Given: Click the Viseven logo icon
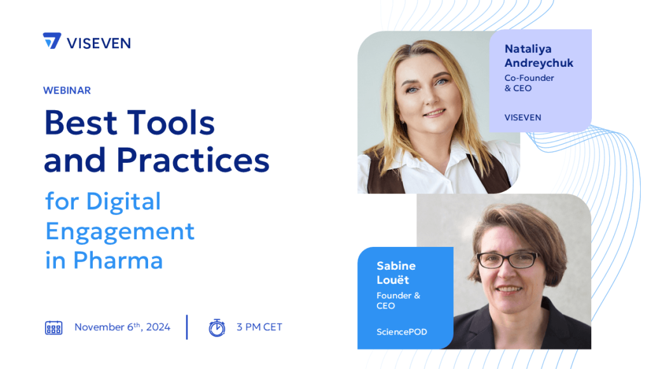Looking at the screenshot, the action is click(x=52, y=41).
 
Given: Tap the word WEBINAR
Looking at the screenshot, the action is click(x=67, y=90).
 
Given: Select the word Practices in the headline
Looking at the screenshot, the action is click(x=193, y=160).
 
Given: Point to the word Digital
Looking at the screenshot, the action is click(x=123, y=202).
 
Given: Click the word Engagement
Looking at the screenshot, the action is click(x=120, y=232).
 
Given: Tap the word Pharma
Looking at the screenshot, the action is click(x=118, y=261).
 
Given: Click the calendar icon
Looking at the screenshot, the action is click(x=53, y=328).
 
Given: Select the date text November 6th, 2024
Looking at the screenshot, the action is click(x=123, y=327).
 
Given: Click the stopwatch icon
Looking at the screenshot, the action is click(x=217, y=328).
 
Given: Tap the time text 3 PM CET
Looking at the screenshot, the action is click(x=259, y=327).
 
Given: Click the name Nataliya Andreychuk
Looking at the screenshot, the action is click(x=539, y=56).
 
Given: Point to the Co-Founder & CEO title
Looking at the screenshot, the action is click(x=529, y=83).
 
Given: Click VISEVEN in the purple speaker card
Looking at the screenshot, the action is click(x=523, y=118).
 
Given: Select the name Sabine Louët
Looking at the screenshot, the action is click(x=396, y=273).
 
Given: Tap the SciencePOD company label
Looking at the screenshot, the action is click(x=402, y=332).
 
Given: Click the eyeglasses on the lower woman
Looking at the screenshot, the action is click(x=508, y=260).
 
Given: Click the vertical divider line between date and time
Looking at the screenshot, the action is click(x=187, y=327).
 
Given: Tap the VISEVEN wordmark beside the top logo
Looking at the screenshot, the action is click(x=99, y=43).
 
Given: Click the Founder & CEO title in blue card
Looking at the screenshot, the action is click(x=398, y=300).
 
